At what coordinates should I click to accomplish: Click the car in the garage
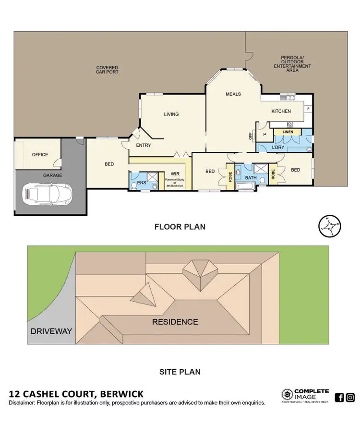coord(48,194)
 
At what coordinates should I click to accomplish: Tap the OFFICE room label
coord(40,154)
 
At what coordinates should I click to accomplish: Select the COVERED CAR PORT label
coord(107,70)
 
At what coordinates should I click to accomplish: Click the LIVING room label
coord(171,114)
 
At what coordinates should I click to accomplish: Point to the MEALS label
coord(233,94)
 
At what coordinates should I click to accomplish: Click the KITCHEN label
coord(281,111)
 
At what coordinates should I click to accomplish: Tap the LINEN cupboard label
coord(288,131)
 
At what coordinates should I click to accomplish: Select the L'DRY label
coord(278,147)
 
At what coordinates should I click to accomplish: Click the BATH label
coord(251,177)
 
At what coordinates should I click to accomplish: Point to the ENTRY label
coord(144,145)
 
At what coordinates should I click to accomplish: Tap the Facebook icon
coord(339,397)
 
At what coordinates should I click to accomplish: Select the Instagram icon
coord(351,397)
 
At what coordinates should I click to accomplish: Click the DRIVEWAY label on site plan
coord(51,331)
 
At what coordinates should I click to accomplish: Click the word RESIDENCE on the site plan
coord(175,322)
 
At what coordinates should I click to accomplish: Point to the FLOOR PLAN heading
coord(180,227)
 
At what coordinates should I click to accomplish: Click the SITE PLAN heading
coord(180,372)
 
